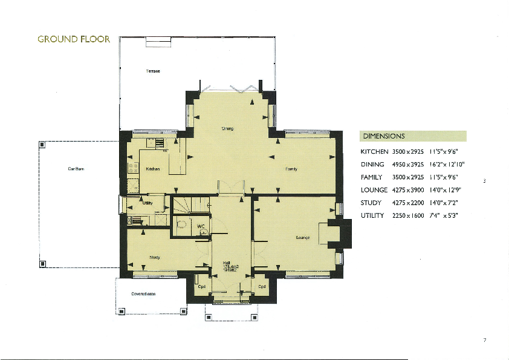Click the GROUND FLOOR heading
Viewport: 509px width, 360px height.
74,39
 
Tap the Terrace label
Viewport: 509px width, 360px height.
153,71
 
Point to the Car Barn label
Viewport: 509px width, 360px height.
76,169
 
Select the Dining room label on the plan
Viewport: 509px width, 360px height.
227,128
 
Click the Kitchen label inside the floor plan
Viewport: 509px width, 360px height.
153,169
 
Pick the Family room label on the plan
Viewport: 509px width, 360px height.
290,169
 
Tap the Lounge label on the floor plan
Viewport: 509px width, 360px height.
303,238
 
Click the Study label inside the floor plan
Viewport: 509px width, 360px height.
154,257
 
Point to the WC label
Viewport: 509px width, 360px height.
201,226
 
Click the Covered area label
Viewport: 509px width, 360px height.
143,294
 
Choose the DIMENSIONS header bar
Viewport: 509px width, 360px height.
413,136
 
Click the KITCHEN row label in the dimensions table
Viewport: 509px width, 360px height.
374,151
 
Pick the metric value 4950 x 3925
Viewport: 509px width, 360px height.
408,165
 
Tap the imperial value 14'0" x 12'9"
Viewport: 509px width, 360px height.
446,190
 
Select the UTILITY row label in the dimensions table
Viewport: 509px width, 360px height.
372,216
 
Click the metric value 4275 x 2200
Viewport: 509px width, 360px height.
408,203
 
